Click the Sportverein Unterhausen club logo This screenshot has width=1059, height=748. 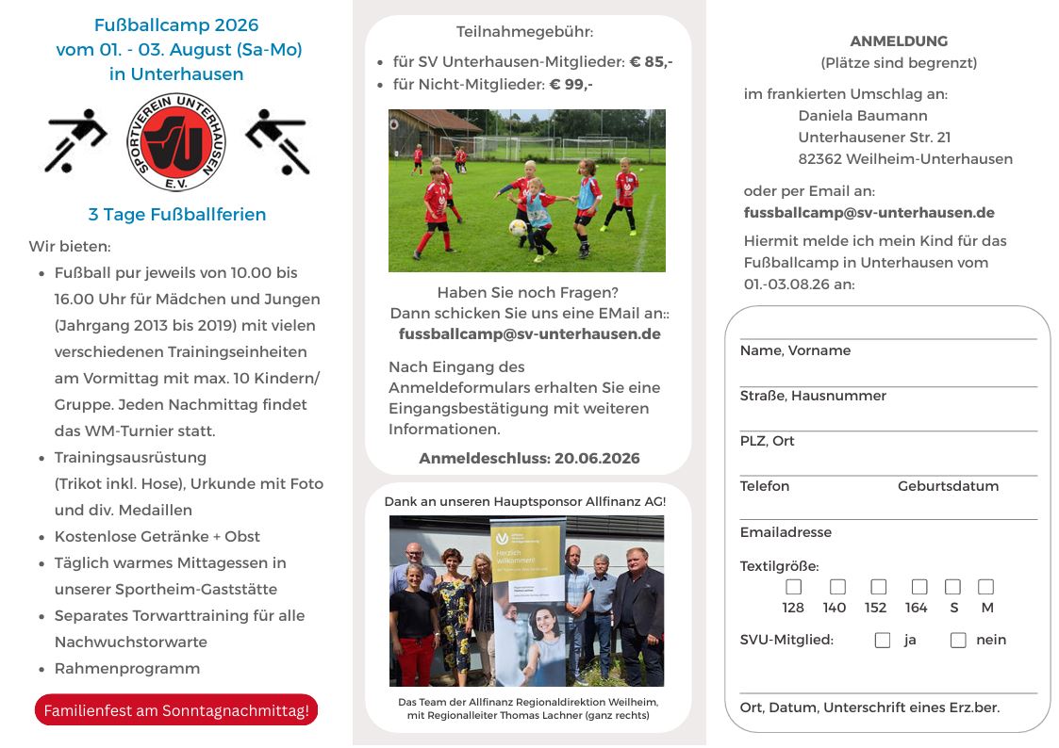[x=176, y=141]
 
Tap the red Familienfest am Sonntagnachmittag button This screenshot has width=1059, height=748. [x=176, y=710]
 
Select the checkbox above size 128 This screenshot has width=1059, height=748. [x=794, y=587]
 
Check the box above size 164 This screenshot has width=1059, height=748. [x=919, y=587]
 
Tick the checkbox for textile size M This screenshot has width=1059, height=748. [x=985, y=587]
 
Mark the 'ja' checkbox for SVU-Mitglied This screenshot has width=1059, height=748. [x=883, y=641]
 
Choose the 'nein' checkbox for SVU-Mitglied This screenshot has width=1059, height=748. [x=958, y=641]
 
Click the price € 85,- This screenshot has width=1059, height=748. [x=651, y=62]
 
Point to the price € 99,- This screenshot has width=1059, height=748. [x=571, y=85]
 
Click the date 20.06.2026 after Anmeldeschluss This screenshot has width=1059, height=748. [x=597, y=459]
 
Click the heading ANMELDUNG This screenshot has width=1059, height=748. [x=899, y=41]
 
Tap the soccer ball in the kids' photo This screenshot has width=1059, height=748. [x=518, y=227]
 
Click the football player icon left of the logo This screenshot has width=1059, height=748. [x=75, y=141]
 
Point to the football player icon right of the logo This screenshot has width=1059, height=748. [x=277, y=141]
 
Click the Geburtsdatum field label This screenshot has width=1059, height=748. [x=948, y=486]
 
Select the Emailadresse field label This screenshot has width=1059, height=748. [x=786, y=532]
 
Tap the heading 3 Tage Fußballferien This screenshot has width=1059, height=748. [x=177, y=215]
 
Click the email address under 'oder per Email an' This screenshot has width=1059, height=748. [x=869, y=213]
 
